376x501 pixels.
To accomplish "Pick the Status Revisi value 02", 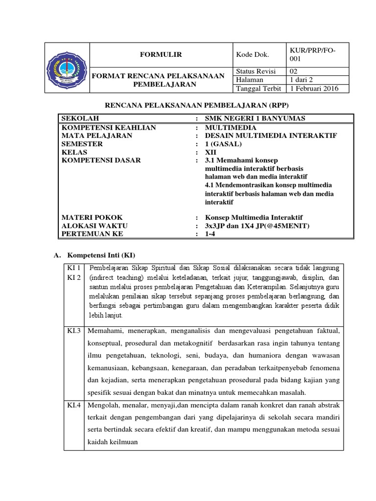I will click(x=296, y=71).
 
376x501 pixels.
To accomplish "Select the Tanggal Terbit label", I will click(x=258, y=89).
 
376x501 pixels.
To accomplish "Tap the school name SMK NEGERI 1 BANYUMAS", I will click(x=255, y=119).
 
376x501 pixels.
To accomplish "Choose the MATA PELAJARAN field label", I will click(x=96, y=136).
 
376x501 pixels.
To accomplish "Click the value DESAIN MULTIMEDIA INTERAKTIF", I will click(x=271, y=136).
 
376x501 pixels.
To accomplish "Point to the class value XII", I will click(x=210, y=152).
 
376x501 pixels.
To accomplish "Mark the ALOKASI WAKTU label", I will click(x=94, y=226).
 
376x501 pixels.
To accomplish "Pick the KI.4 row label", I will click(x=75, y=405).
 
